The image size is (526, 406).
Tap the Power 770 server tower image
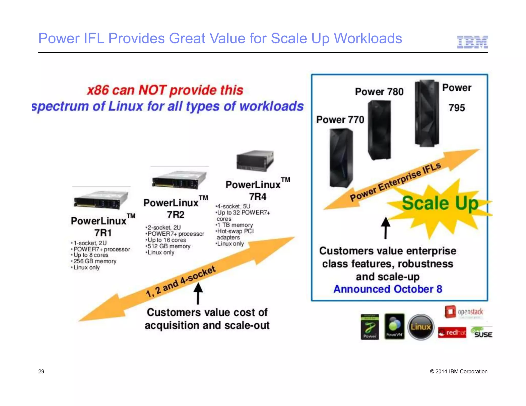pyautogui.click(x=341, y=158)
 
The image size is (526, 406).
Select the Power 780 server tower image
pyautogui.click(x=379, y=130)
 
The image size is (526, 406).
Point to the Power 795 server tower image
pyautogui.click(x=427, y=113)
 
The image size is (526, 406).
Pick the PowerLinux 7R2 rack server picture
pyautogui.click(x=179, y=180)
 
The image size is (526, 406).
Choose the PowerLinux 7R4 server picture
pyautogui.click(x=255, y=160)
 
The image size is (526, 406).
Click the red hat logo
pyautogui.click(x=452, y=333)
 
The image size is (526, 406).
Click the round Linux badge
pyautogui.click(x=421, y=327)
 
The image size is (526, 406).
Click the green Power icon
pyautogui.click(x=370, y=327)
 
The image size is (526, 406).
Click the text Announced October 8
pyautogui.click(x=388, y=289)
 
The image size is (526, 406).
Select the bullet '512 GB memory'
pyautogui.click(x=169, y=246)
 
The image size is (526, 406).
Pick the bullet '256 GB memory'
pyautogui.click(x=95, y=261)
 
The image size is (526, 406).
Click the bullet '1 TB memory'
pyautogui.click(x=235, y=225)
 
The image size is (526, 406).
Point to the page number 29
pyautogui.click(x=41, y=371)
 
